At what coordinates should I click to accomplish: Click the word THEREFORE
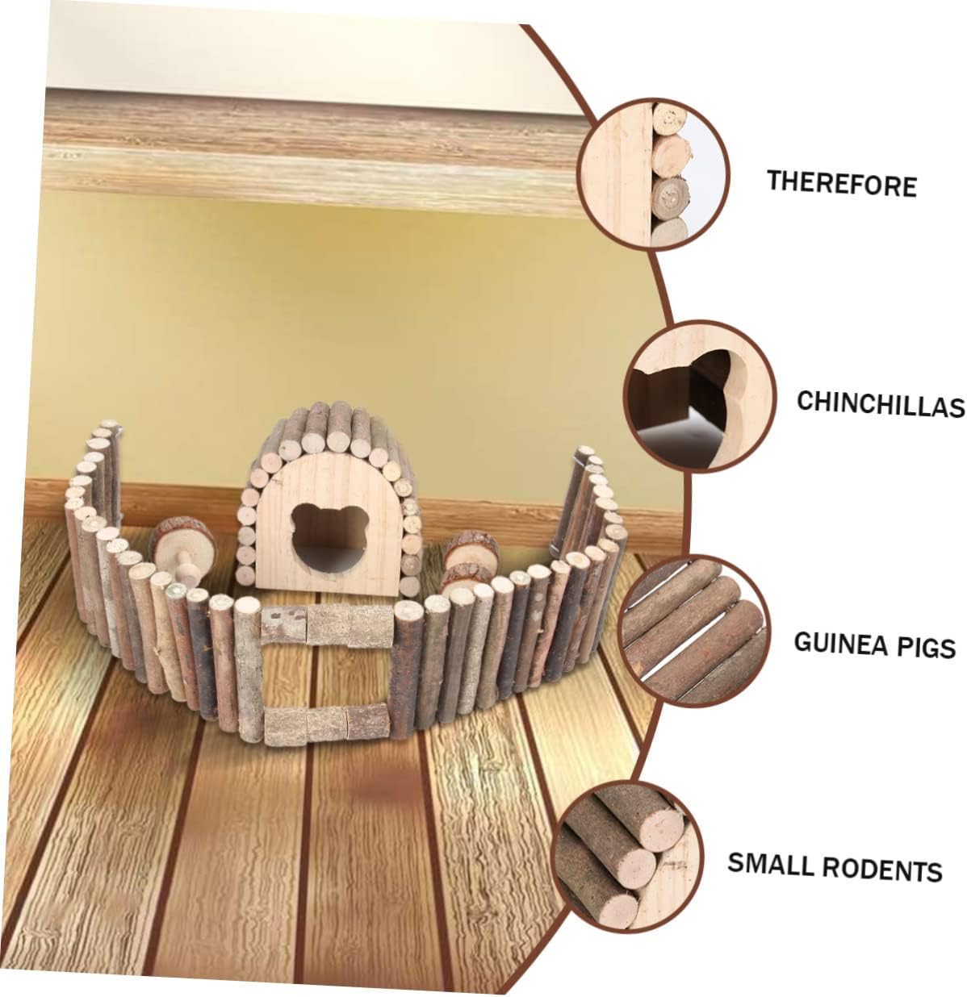click(x=841, y=184)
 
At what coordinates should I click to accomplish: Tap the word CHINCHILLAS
click(x=880, y=403)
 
